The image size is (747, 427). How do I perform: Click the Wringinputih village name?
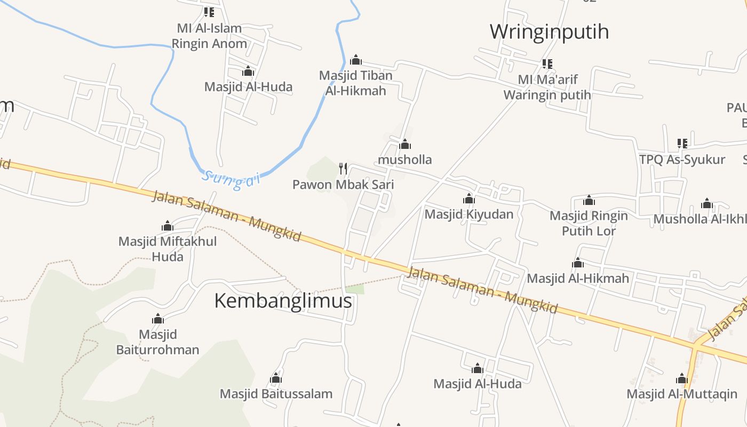click(x=549, y=31)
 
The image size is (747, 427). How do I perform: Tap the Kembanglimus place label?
click(x=283, y=301)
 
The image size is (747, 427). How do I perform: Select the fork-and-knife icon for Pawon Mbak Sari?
click(x=343, y=169)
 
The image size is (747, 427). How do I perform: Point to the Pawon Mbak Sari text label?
click(x=343, y=185)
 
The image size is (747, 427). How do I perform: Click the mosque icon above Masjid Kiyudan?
click(x=469, y=199)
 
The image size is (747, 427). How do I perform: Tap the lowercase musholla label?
click(x=404, y=160)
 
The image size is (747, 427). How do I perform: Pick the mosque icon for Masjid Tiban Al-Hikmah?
click(x=356, y=60)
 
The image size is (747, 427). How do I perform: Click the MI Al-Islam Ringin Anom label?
click(x=209, y=36)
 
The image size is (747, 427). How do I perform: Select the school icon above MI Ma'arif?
click(x=547, y=64)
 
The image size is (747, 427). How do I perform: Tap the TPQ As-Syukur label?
click(x=682, y=159)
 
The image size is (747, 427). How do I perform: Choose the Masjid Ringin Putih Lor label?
click(x=589, y=223)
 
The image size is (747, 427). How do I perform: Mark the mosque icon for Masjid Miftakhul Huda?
click(x=168, y=226)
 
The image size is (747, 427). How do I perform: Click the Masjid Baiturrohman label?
click(x=157, y=342)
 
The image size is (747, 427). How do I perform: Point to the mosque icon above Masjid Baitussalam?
click(x=276, y=378)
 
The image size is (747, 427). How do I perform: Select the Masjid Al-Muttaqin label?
click(x=681, y=394)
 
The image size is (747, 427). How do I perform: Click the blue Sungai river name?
click(x=231, y=178)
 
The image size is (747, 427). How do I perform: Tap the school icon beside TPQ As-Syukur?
click(x=682, y=143)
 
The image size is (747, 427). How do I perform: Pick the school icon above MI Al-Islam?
click(x=209, y=12)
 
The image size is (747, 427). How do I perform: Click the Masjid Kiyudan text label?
click(x=468, y=215)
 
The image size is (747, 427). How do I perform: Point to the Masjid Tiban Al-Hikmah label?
click(x=355, y=83)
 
